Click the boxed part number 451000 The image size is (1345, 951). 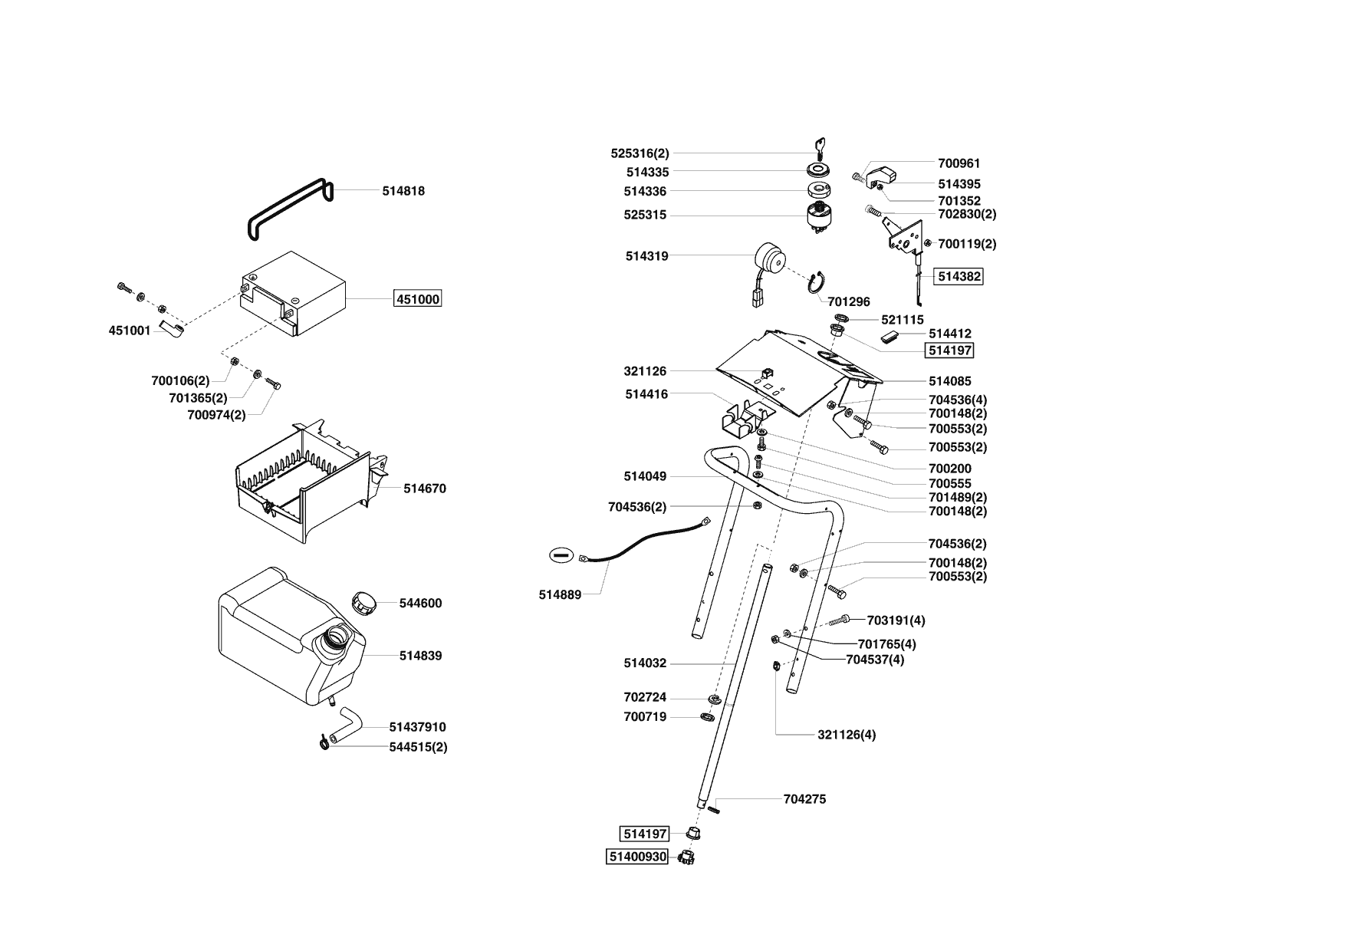pyautogui.click(x=418, y=299)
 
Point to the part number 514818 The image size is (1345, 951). pyautogui.click(x=403, y=191)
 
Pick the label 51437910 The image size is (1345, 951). pyautogui.click(x=417, y=727)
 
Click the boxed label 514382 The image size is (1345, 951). pyautogui.click(x=958, y=276)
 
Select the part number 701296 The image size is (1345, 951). pyautogui.click(x=849, y=302)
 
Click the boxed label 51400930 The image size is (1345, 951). pyautogui.click(x=637, y=857)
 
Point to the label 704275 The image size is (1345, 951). pyautogui.click(x=804, y=799)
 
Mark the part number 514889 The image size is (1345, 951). pyautogui.click(x=560, y=594)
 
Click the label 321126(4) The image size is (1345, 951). pyautogui.click(x=847, y=735)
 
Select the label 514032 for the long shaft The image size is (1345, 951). pyautogui.click(x=645, y=663)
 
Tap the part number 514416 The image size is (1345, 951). pyautogui.click(x=646, y=394)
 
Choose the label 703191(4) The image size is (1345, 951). pyautogui.click(x=896, y=620)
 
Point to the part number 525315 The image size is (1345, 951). pyautogui.click(x=645, y=216)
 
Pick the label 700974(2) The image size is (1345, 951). pyautogui.click(x=216, y=415)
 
